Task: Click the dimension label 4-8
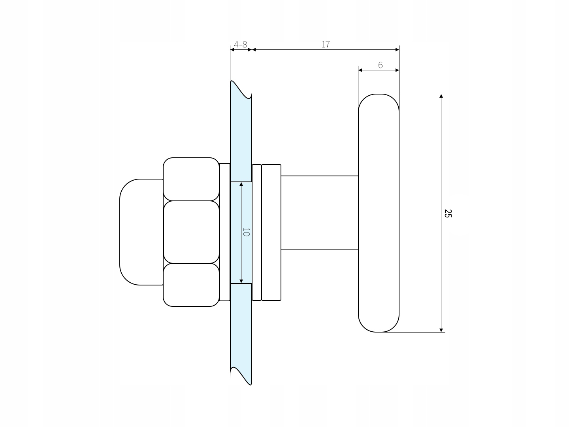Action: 240,45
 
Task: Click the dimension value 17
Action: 326,45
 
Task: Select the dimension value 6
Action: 380,65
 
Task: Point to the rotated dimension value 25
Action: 448,213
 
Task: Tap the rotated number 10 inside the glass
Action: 246,232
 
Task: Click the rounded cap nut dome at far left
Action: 141,232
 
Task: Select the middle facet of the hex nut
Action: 191,232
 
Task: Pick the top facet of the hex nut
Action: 191,179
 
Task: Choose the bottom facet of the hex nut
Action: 191,285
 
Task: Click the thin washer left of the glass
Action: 224,232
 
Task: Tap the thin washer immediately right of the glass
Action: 256,232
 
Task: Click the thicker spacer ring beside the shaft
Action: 271,232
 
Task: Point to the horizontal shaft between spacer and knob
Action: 320,213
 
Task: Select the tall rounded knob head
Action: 379,213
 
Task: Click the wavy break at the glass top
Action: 241,90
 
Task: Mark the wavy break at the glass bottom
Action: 241,376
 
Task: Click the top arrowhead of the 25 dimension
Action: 441,96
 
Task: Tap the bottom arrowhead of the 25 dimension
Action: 441,330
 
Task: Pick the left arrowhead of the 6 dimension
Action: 360,70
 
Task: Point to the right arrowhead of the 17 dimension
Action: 397,50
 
